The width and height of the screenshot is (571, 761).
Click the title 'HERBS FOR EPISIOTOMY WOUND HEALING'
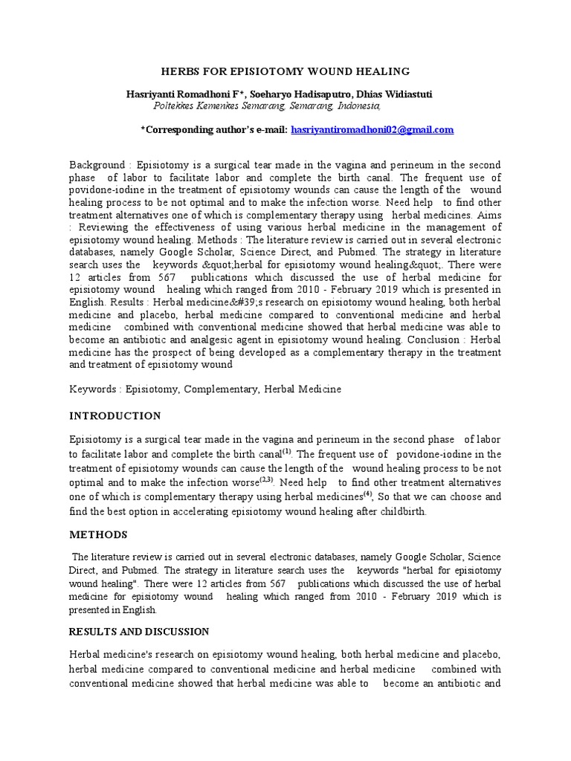pyautogui.click(x=286, y=71)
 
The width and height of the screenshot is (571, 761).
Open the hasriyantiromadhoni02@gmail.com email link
pyautogui.click(x=372, y=129)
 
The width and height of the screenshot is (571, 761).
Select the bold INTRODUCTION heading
pyautogui.click(x=115, y=415)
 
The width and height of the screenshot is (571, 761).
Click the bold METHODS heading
pyautogui.click(x=99, y=534)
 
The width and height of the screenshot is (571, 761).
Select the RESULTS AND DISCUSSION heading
pyautogui.click(x=139, y=631)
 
